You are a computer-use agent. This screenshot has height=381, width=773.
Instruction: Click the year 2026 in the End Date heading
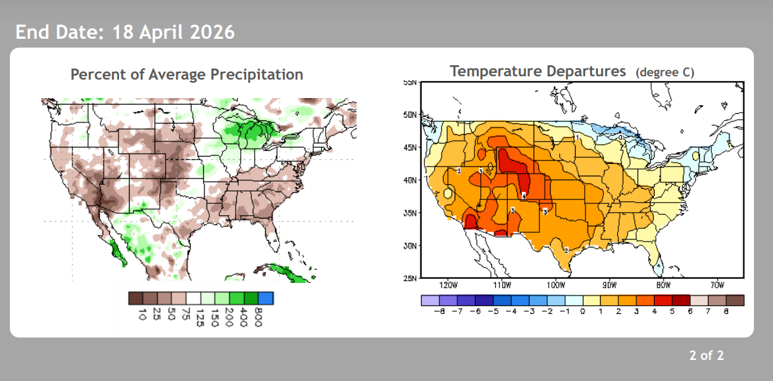(212, 32)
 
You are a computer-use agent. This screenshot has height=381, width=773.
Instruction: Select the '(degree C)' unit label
(665, 72)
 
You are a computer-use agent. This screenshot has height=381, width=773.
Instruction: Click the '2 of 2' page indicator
(707, 356)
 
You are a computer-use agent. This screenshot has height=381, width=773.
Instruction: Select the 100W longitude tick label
(556, 286)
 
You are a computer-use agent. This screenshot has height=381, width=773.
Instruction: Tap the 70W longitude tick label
(717, 286)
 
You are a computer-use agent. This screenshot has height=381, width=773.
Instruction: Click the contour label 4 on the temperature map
(524, 195)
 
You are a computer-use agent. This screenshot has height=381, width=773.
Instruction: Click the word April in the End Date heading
(162, 32)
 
